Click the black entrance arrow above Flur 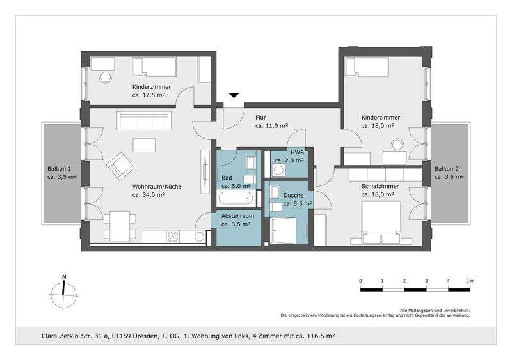[x=234, y=95]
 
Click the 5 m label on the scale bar [x=470, y=281]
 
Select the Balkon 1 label [x=62, y=173]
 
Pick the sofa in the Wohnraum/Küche [x=143, y=120]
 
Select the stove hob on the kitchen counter [x=173, y=236]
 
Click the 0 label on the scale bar [x=360, y=281]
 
